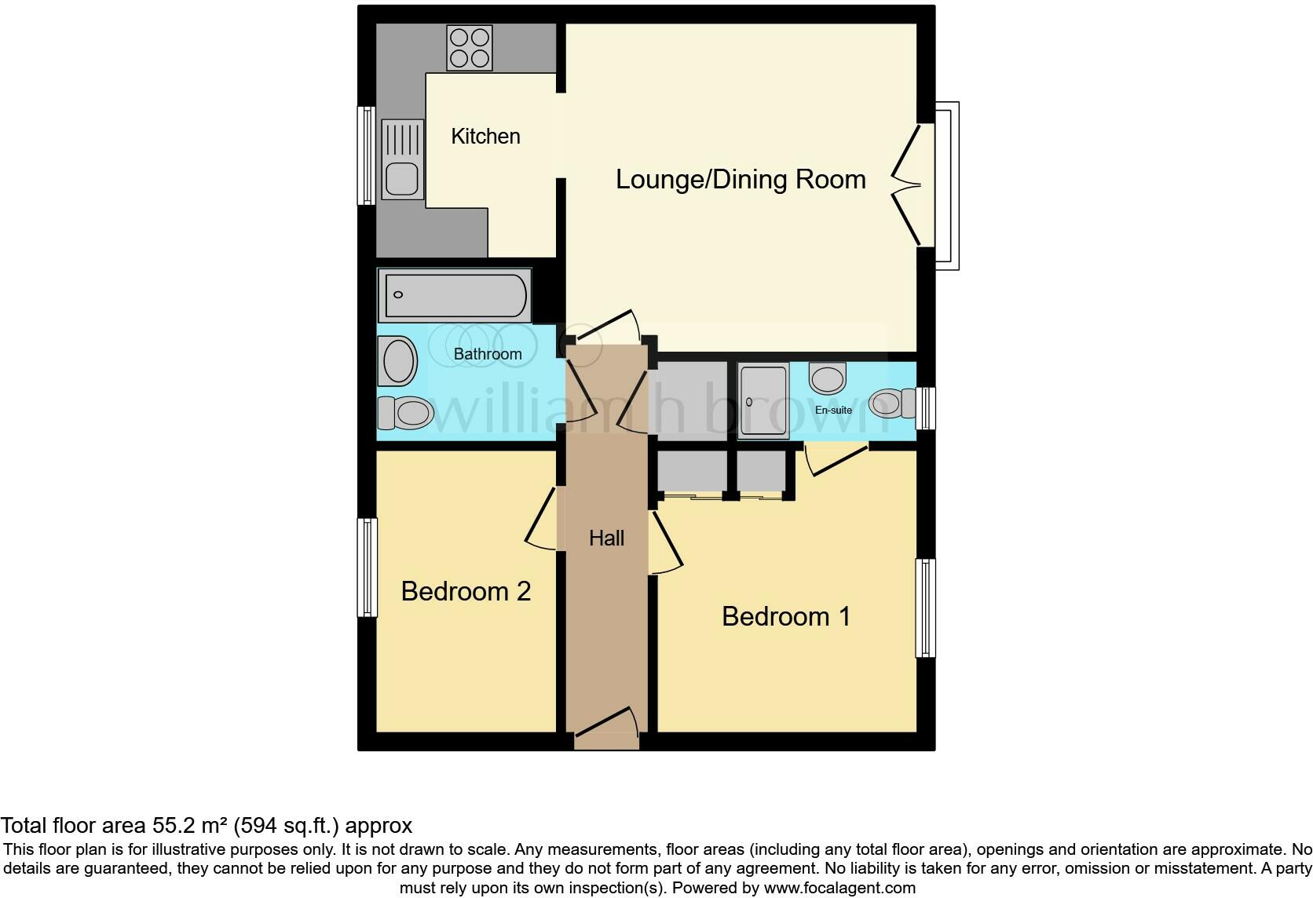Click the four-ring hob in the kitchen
[470, 48]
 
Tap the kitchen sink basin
[403, 179]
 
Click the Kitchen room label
[485, 137]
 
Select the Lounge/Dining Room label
[740, 179]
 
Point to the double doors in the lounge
[908, 186]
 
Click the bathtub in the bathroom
[453, 295]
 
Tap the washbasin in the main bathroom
[399, 361]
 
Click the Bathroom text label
[487, 354]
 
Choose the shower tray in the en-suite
[763, 400]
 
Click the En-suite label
[833, 410]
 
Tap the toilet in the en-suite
[892, 403]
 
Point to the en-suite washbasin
[827, 378]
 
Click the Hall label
[606, 538]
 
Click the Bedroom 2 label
[466, 591]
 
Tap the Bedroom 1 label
[785, 616]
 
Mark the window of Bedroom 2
[367, 567]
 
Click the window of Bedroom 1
[926, 608]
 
